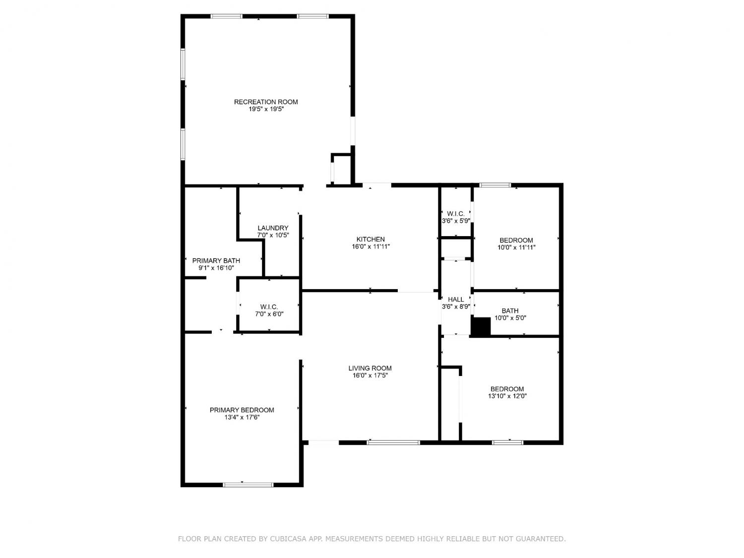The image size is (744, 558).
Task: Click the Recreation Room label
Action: click(266, 102)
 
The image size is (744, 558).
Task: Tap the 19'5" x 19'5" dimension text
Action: click(266, 109)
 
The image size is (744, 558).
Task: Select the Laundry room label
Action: click(273, 228)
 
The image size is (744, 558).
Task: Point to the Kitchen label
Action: click(371, 239)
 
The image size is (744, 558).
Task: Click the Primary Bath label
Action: click(216, 260)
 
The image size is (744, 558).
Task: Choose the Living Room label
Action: click(370, 368)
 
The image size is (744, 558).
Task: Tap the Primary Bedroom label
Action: click(242, 410)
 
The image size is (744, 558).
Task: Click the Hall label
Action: click(456, 300)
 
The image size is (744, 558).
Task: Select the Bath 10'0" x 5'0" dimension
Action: click(510, 318)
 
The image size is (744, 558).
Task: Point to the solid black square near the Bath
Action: click(481, 326)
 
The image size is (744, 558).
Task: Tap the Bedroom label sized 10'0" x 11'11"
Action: click(516, 240)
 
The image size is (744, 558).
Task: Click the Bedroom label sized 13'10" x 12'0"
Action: click(507, 389)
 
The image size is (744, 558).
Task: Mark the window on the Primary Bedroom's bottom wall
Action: click(248, 485)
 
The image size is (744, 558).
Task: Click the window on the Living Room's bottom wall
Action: click(393, 442)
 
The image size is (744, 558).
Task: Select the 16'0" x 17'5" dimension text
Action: click(370, 375)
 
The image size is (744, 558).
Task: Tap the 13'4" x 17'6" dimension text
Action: click(242, 418)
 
